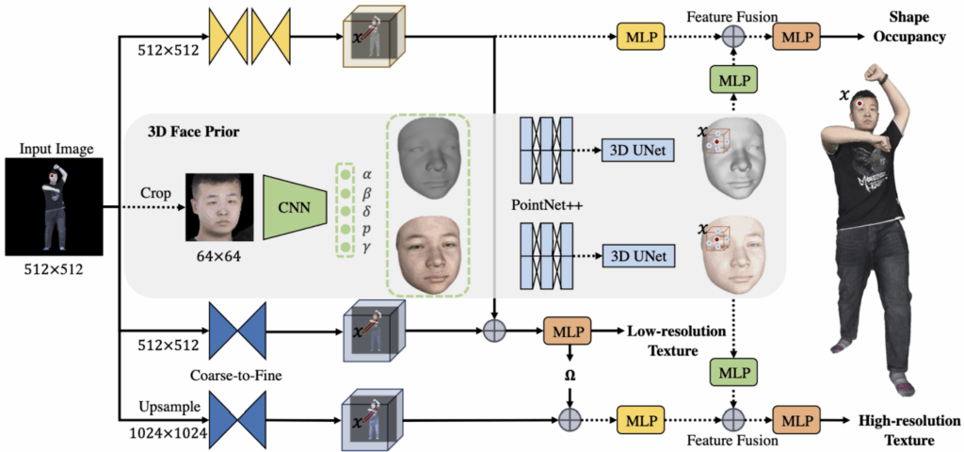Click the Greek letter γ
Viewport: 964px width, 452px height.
(x=367, y=247)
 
